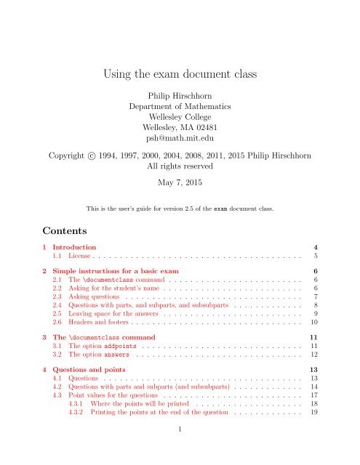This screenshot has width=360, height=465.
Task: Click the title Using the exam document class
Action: (180, 72)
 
